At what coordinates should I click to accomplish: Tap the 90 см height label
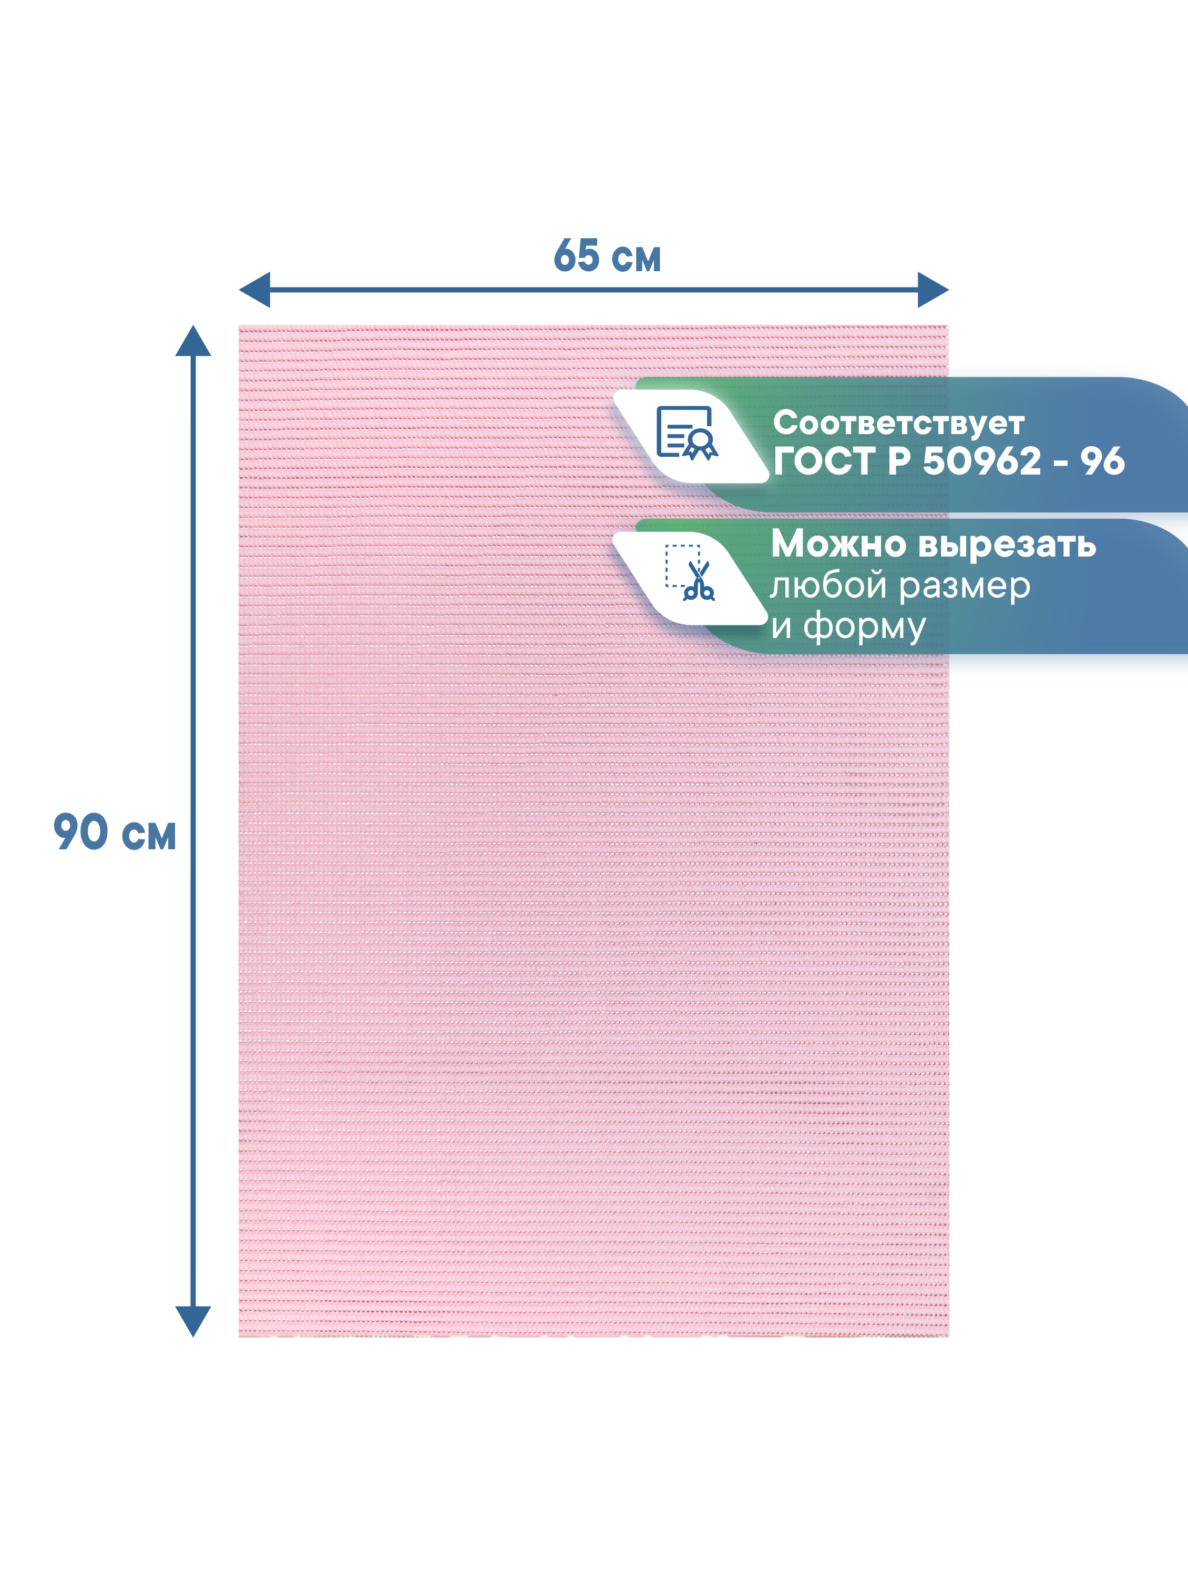point(115,832)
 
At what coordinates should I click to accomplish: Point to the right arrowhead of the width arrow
point(933,290)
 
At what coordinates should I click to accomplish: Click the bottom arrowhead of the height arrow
point(193,1321)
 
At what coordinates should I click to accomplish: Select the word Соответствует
point(898,423)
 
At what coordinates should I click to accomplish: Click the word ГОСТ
point(824,461)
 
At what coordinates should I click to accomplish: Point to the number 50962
point(981,461)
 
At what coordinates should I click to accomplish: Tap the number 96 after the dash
point(1102,461)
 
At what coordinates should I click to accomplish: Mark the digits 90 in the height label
point(81,832)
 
